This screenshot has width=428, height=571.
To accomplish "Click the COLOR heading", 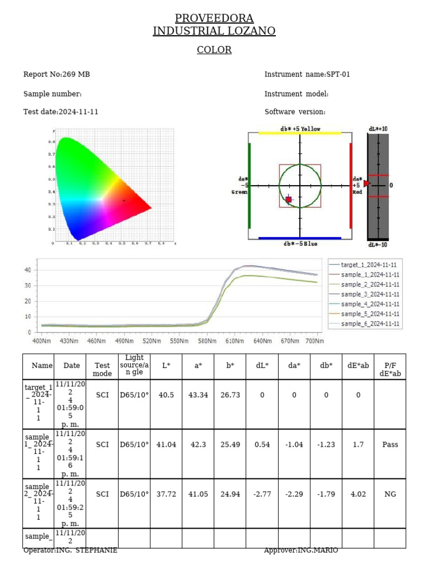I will [x=214, y=50].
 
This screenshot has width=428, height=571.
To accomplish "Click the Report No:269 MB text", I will [x=56, y=74].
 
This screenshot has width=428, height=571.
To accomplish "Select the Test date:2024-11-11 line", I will [x=61, y=112].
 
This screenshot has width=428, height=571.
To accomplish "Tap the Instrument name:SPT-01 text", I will [x=307, y=74].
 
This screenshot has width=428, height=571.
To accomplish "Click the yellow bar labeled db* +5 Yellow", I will [x=300, y=133].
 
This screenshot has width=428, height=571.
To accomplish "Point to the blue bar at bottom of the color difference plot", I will [x=300, y=238].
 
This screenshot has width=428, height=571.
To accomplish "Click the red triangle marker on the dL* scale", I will [x=367, y=183].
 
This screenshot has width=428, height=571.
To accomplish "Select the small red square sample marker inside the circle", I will [x=288, y=199].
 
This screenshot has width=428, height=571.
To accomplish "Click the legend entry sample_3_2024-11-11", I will [x=369, y=294].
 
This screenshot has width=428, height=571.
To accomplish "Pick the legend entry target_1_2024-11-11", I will [x=369, y=265].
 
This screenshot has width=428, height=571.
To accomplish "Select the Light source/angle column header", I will [x=134, y=365].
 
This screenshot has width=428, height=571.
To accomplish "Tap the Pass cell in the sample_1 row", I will [x=390, y=444].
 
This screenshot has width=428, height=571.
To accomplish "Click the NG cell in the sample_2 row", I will [x=390, y=494].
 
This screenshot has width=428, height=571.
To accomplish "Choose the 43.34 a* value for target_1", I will [x=198, y=395].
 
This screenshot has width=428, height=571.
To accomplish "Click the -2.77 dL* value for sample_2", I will [x=262, y=494].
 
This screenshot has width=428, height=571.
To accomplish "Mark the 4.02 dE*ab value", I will [x=358, y=494].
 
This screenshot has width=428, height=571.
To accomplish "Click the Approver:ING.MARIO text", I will [x=301, y=550].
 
